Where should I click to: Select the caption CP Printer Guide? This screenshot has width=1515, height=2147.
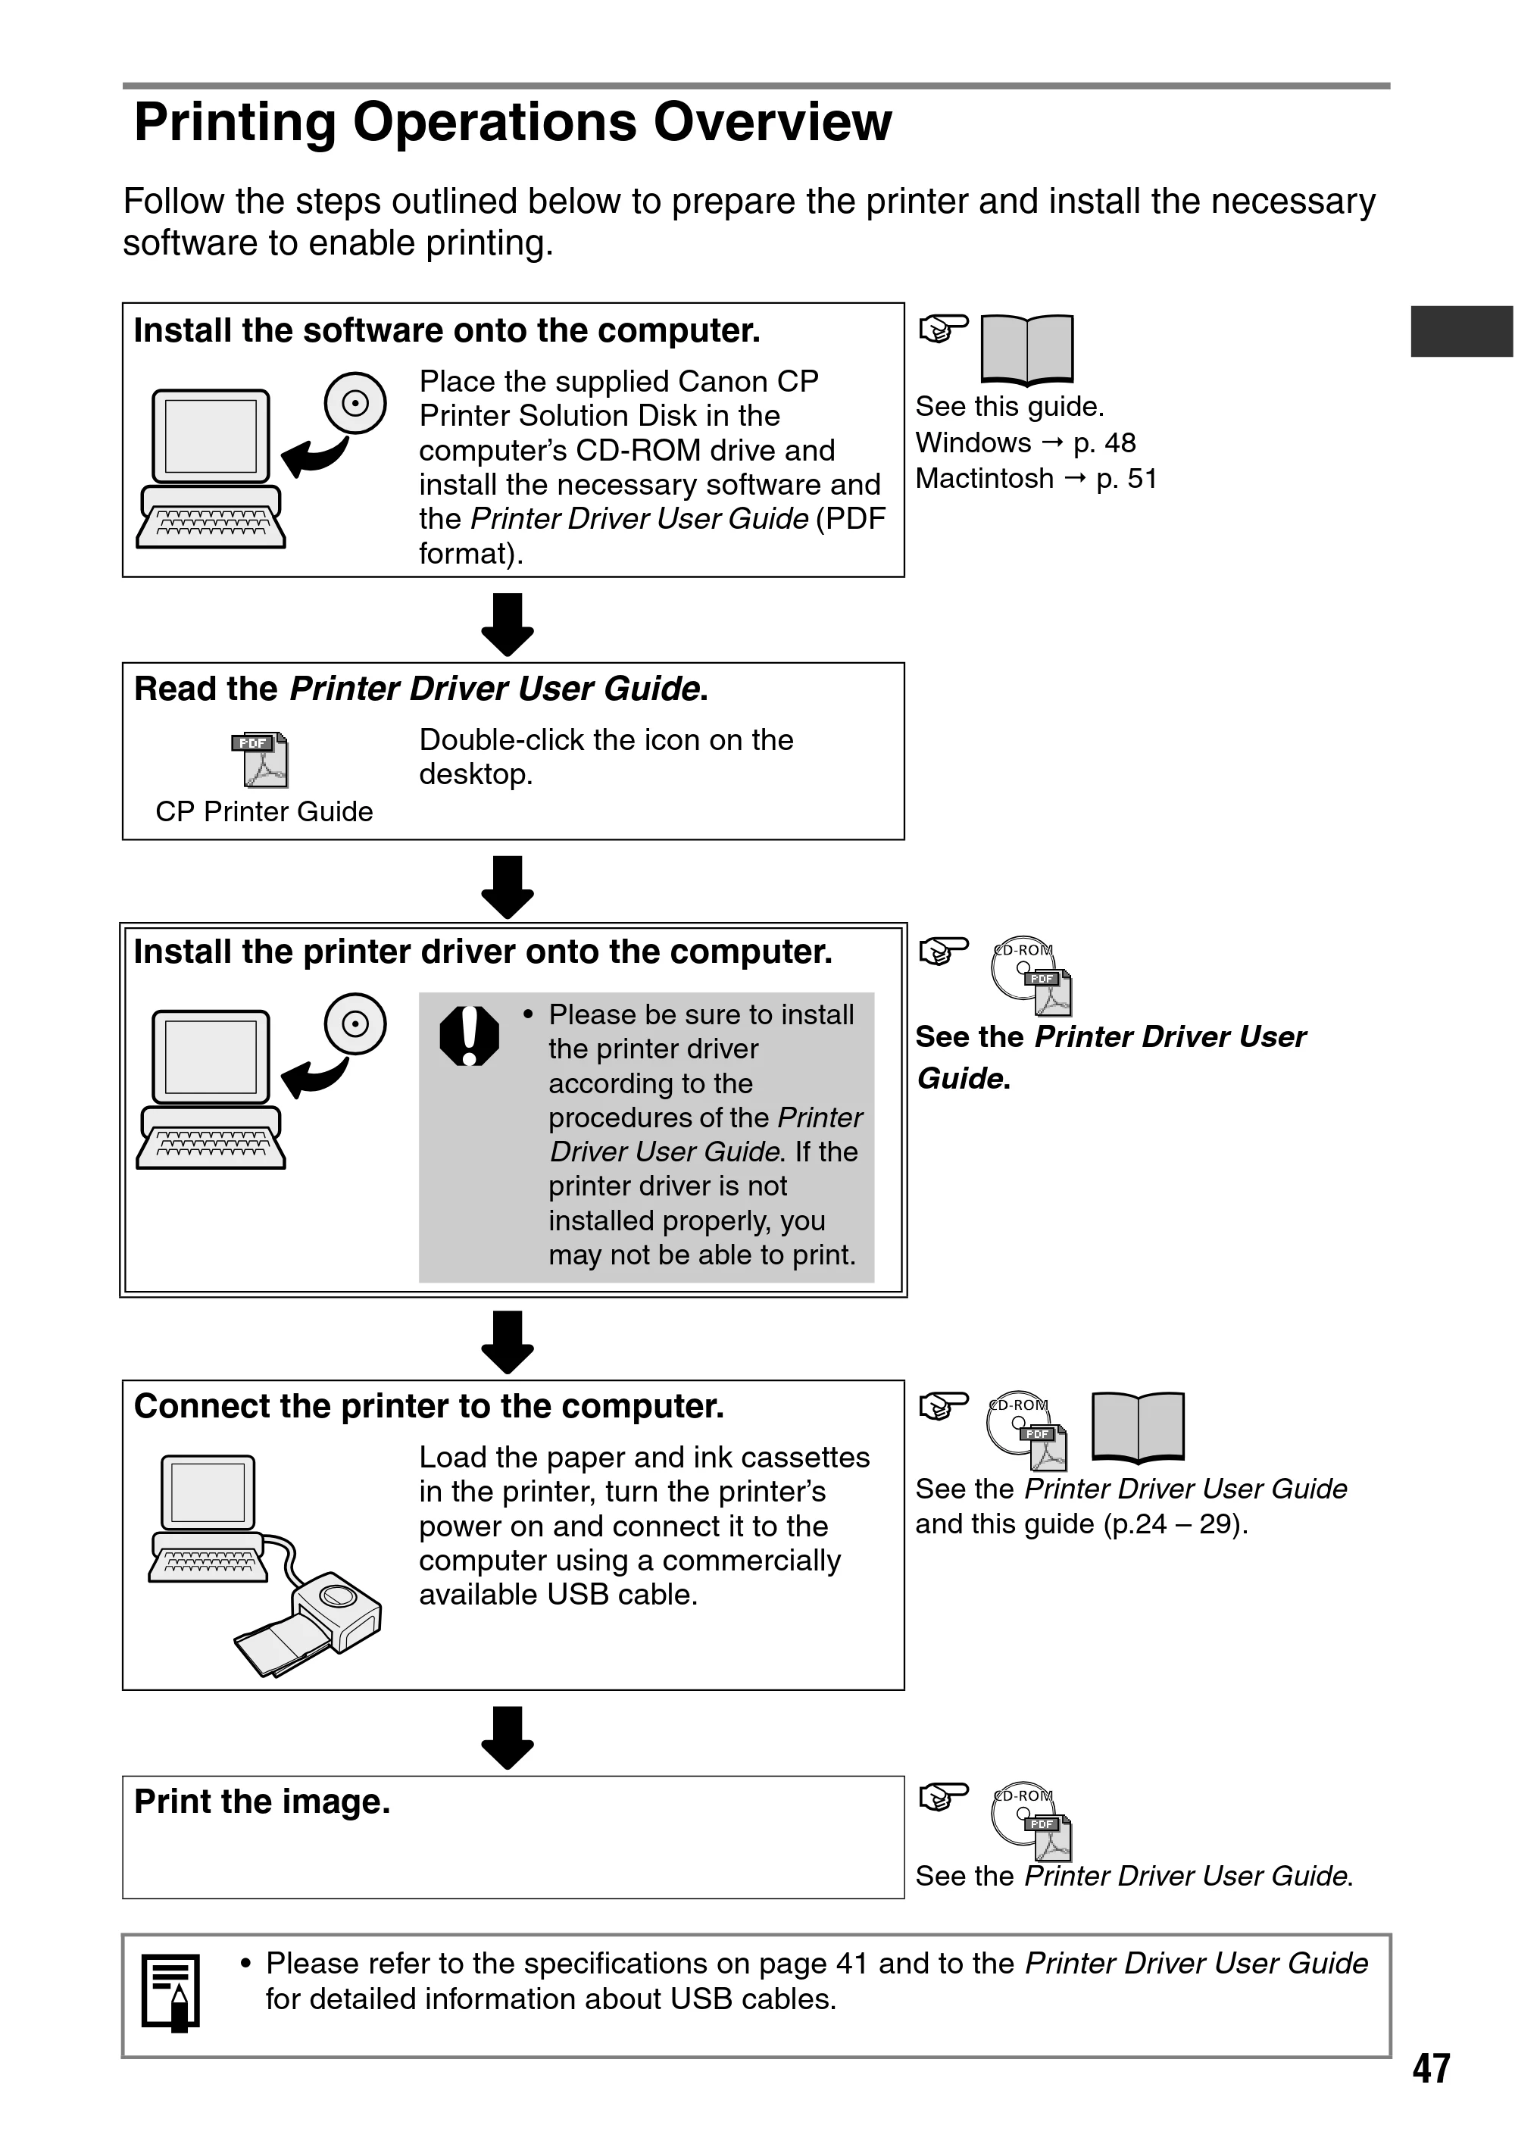[x=264, y=811]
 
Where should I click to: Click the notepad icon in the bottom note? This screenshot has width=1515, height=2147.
[x=171, y=1992]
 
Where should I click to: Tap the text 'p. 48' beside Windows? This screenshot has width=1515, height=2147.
[x=1104, y=443]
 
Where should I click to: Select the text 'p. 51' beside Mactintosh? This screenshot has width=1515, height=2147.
[x=1127, y=479]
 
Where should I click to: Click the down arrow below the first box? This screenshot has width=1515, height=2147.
[x=507, y=623]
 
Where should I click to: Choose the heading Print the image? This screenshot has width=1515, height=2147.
[x=262, y=1802]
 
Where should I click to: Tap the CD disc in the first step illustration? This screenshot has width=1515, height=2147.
[x=355, y=403]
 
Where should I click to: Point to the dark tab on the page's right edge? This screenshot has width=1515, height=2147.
[x=1462, y=331]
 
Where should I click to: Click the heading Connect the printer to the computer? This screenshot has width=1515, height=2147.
[x=430, y=1406]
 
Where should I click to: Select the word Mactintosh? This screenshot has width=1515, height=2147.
[x=985, y=479]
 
